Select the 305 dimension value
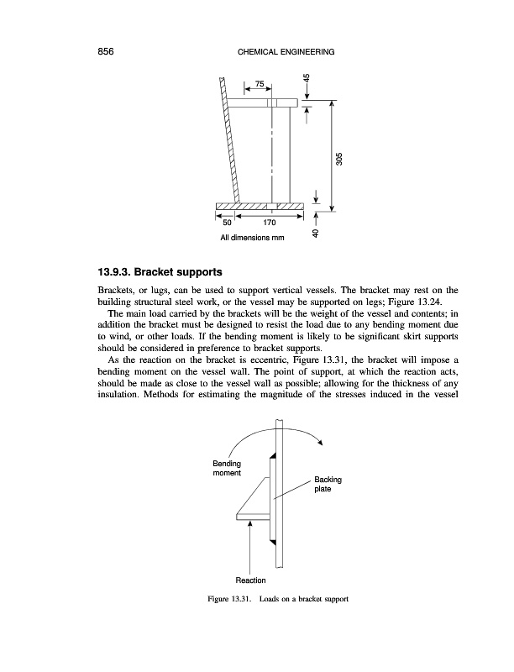[x=339, y=159]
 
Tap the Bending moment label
[x=227, y=468]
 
